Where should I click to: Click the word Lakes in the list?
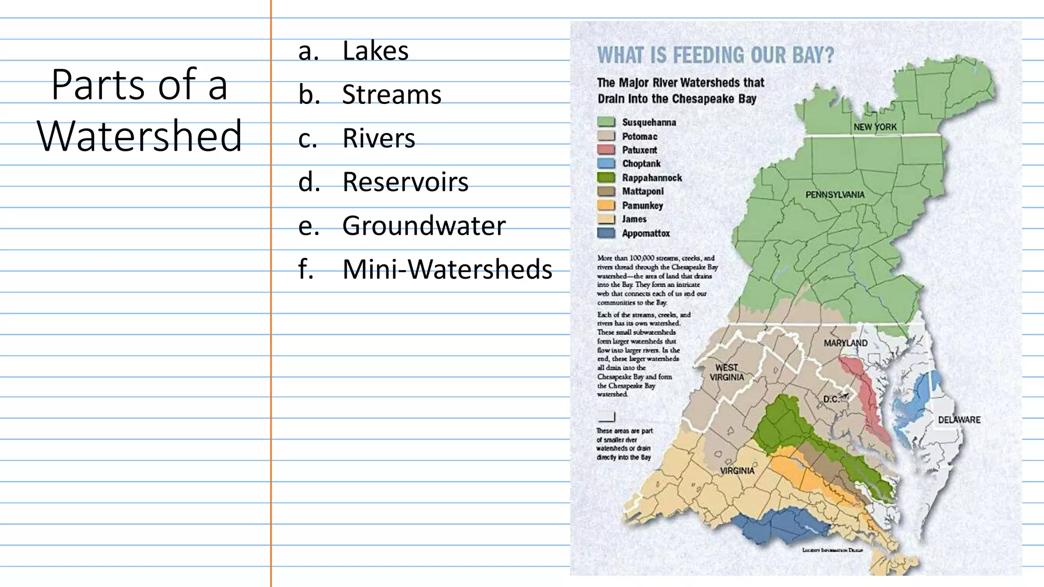pyautogui.click(x=375, y=51)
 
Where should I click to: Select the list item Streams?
pyautogui.click(x=391, y=95)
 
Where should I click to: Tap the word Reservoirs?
pyautogui.click(x=405, y=182)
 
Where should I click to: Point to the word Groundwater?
pyautogui.click(x=424, y=226)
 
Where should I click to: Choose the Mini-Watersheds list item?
pyautogui.click(x=447, y=270)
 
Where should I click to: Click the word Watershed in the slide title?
pyautogui.click(x=139, y=136)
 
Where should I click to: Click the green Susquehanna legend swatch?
pyautogui.click(x=606, y=122)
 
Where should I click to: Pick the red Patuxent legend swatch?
pyautogui.click(x=606, y=150)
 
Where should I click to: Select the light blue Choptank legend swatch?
pyautogui.click(x=606, y=164)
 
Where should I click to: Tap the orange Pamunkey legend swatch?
pyautogui.click(x=606, y=205)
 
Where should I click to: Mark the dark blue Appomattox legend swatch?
pyautogui.click(x=606, y=233)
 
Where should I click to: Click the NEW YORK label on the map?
pyautogui.click(x=875, y=127)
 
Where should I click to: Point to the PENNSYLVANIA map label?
pyautogui.click(x=835, y=195)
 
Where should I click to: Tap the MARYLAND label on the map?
pyautogui.click(x=846, y=343)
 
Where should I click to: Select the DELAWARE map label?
pyautogui.click(x=959, y=420)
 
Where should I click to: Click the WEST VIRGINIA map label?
pyautogui.click(x=727, y=372)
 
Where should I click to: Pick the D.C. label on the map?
pyautogui.click(x=831, y=399)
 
